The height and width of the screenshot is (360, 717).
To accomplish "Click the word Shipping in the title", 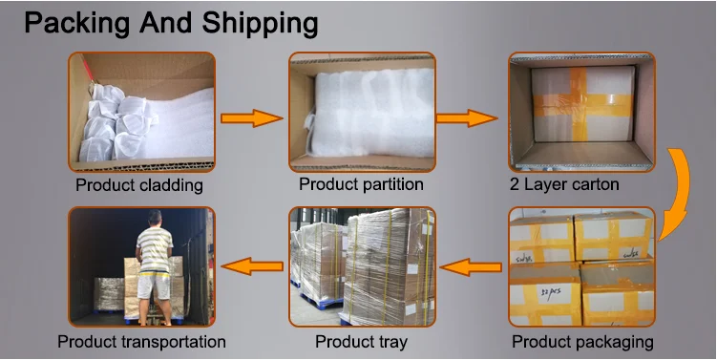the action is pos(260,24).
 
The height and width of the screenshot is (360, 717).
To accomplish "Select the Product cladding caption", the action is pos(139,185).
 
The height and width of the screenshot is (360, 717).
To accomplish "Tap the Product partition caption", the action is pos(361,184).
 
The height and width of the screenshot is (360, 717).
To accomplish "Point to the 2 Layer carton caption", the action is pos(564,184).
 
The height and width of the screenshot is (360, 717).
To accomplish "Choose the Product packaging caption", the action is pos(582,342).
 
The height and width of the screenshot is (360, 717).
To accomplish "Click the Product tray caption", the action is pos(361,341).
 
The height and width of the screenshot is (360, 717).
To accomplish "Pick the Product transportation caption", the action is pos(141,342).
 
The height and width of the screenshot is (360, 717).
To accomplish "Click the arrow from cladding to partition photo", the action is pos(252,118).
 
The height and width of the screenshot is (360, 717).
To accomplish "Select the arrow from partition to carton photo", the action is pos(467,118).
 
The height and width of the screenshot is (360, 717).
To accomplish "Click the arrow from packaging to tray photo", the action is pos(471,267).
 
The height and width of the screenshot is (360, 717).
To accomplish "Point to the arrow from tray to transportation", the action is pos(252,266).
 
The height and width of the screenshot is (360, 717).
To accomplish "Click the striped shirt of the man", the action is pos(155,251).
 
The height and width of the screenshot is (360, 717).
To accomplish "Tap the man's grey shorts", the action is pos(154,286).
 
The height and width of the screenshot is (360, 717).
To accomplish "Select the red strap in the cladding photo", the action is pos(87,69).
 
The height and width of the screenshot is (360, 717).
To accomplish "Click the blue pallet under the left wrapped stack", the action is pos(322,301).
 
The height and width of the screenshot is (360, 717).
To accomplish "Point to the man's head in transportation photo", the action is pos(155,218).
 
